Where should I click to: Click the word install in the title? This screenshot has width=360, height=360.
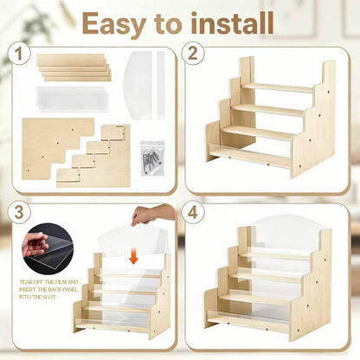tap(232, 22)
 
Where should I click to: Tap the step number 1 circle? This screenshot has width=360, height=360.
tap(19, 55)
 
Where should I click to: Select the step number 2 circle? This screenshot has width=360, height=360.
tap(193, 54)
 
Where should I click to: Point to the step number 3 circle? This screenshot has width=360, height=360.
tap(19, 213)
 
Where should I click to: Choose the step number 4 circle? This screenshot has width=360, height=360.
tap(193, 213)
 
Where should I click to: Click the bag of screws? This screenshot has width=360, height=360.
tap(152, 158)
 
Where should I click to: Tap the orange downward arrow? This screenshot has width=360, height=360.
tap(133, 257)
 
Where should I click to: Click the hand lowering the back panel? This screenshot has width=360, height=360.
tap(153, 215)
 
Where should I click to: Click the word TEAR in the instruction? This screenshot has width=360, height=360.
tap(25, 282)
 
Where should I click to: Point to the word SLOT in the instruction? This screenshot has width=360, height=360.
tap(50, 297)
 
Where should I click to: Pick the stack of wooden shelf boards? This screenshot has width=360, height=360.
tap(74, 67)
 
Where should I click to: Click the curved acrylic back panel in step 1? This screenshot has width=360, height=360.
tap(138, 85)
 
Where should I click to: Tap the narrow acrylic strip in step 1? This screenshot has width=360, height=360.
tap(161, 85)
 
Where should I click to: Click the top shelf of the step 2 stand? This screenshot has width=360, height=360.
tap(278, 87)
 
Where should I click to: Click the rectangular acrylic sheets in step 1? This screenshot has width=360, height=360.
tap(72, 99)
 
